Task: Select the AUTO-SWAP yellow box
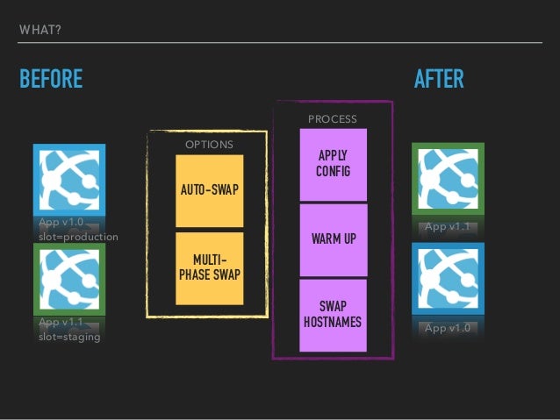[209, 190]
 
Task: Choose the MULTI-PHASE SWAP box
[209, 267]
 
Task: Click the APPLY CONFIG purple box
[333, 164]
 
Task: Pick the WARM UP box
[333, 239]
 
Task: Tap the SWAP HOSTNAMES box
[333, 314]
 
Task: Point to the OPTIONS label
[208, 145]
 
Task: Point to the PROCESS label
[332, 117]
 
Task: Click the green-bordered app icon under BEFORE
[68, 278]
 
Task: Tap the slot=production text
[78, 237]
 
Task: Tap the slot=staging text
[69, 337]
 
